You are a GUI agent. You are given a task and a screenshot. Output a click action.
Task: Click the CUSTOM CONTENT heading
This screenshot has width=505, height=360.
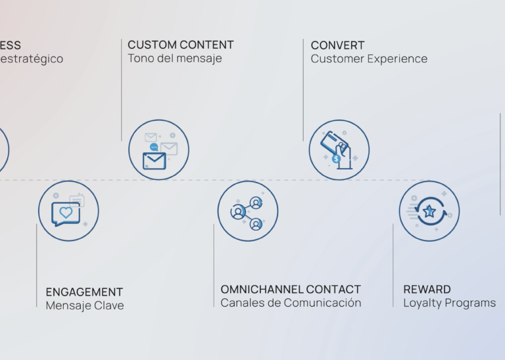click(x=181, y=45)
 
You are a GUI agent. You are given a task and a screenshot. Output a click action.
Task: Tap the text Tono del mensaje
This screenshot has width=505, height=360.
click(x=175, y=58)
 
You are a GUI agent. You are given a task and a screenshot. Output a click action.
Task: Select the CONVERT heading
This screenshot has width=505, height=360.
click(x=338, y=45)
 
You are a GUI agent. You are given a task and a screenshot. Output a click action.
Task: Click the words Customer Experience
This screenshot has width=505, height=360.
click(x=369, y=58)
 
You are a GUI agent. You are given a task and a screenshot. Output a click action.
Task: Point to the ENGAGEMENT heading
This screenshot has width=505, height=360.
click(x=84, y=292)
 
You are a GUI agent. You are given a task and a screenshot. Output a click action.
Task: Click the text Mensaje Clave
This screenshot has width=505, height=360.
click(x=84, y=305)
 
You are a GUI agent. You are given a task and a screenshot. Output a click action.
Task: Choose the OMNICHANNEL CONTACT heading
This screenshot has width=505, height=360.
click(x=291, y=289)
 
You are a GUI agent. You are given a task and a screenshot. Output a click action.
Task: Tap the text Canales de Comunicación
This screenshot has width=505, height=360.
click(x=291, y=303)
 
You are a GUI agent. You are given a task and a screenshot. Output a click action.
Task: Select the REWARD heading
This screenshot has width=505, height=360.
click(x=427, y=289)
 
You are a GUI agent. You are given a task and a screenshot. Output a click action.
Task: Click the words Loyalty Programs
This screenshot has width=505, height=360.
click(x=449, y=303)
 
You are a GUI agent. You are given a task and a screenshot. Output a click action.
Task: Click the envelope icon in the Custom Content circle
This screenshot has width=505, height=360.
click(x=155, y=160)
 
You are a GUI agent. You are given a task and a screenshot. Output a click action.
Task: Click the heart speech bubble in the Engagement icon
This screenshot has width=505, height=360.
click(x=66, y=213)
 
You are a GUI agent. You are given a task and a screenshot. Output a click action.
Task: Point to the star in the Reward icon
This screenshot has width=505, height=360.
click(x=429, y=211)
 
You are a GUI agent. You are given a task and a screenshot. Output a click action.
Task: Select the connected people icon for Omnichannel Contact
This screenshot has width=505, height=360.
click(x=247, y=211)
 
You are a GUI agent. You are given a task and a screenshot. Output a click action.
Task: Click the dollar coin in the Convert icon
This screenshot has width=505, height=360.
click(x=336, y=158)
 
